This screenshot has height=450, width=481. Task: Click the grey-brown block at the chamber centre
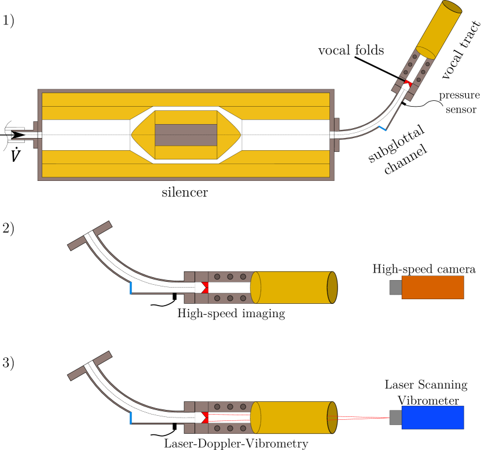pyautogui.click(x=186, y=135)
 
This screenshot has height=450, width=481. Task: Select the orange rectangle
pyautogui.click(x=432, y=287)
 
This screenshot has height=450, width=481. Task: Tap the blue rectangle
pyautogui.click(x=432, y=418)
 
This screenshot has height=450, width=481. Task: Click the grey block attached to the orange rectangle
pyautogui.click(x=395, y=287)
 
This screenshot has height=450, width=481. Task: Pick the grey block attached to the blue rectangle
pyautogui.click(x=395, y=418)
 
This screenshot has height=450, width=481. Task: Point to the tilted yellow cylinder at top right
pyautogui.click(x=439, y=29)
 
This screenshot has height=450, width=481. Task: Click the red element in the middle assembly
pyautogui.click(x=205, y=288)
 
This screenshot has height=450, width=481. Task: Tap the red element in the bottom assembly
pyautogui.click(x=205, y=418)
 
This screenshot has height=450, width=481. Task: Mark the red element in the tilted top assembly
pyautogui.click(x=409, y=84)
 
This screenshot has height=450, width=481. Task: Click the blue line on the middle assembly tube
pyautogui.click(x=131, y=288)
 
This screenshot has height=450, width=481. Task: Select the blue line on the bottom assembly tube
pyautogui.click(x=131, y=418)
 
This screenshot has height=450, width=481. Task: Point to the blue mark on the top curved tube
pyautogui.click(x=382, y=128)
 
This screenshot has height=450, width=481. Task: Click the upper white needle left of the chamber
pyautogui.click(x=15, y=129)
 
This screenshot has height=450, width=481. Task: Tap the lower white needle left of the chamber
pyautogui.click(x=16, y=141)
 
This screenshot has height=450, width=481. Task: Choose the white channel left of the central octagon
pyautogui.click(x=86, y=135)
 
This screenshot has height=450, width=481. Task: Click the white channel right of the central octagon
pyautogui.click(x=285, y=135)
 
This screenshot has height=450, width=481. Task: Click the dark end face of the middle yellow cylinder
pyautogui.click(x=332, y=288)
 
